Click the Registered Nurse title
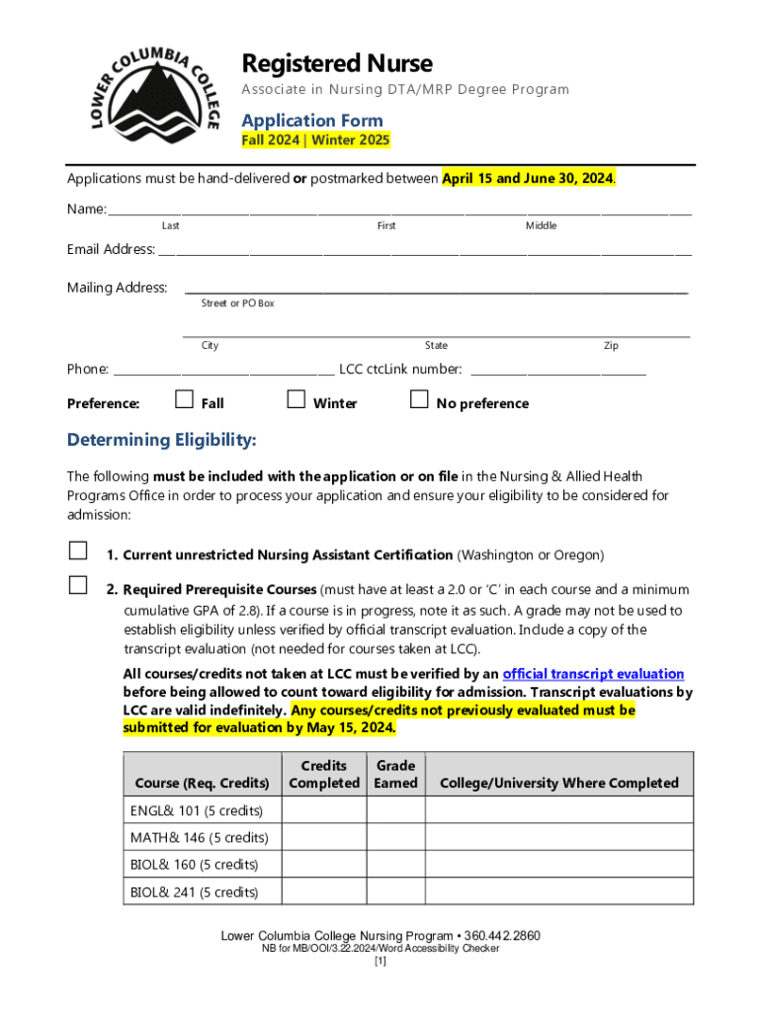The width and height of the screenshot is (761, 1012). pos(337,64)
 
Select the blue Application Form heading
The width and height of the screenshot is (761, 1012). pos(312,121)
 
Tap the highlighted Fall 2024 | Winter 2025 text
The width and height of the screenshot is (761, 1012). pos(316,140)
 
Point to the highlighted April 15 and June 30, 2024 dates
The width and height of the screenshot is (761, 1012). pos(528,179)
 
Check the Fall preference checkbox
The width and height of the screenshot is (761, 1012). pos(184,400)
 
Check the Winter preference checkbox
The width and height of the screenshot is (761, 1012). pos(296,400)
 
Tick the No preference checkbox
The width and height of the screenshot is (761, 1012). pos(419,400)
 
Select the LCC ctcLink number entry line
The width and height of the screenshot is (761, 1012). pos(558,374)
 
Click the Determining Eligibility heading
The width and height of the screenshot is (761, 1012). pos(161,440)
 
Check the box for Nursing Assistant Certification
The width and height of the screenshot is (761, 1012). pos(77,551)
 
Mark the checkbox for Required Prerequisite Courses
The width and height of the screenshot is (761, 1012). pos(77,585)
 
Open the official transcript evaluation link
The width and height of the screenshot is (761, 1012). pos(593,674)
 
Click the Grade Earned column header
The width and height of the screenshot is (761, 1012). pos(395,774)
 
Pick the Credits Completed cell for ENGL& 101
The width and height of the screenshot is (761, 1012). pos(324,810)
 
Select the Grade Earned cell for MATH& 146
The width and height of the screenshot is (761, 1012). pos(395,837)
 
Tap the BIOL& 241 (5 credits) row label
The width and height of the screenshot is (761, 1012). pos(195,892)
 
